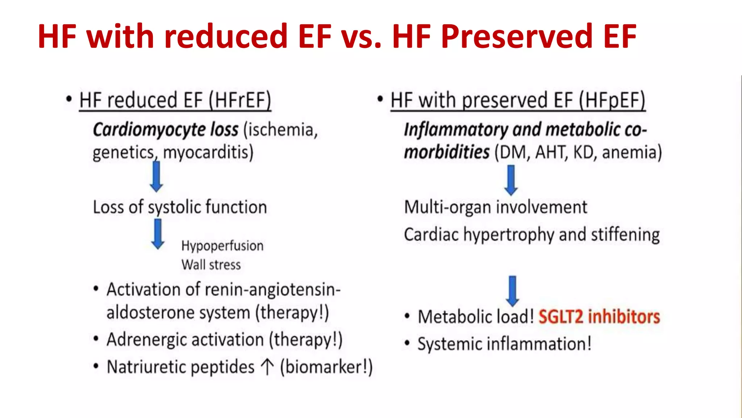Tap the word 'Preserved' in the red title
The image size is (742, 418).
(x=516, y=36)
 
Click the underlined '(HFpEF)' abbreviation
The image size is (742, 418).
(x=612, y=100)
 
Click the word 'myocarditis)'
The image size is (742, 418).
(x=208, y=152)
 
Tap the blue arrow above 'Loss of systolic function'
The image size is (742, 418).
(x=157, y=177)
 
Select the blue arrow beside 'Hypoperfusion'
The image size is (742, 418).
(x=158, y=234)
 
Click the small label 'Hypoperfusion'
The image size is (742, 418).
(x=222, y=246)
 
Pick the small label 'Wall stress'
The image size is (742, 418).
(x=211, y=265)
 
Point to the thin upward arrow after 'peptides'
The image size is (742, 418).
(x=267, y=366)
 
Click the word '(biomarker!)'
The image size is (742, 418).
(x=326, y=367)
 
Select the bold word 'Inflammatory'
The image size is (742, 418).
(x=456, y=130)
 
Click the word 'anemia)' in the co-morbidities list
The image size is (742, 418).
(x=632, y=152)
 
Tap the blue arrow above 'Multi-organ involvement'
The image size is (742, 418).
(x=511, y=180)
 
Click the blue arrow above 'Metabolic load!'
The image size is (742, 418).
(x=512, y=291)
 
